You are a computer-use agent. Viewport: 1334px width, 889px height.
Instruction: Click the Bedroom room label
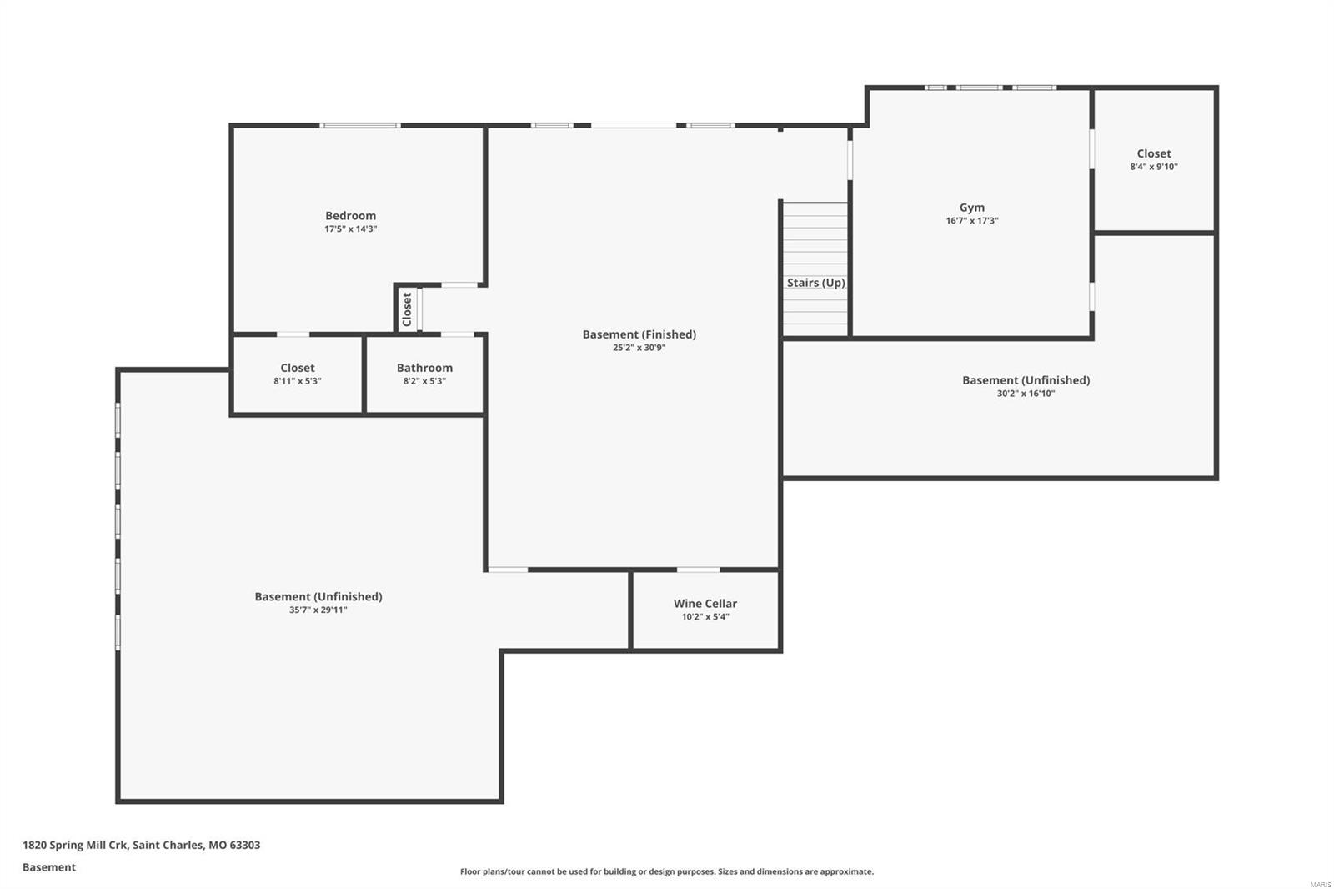350,215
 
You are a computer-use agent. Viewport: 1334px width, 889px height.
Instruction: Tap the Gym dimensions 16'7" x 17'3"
971,221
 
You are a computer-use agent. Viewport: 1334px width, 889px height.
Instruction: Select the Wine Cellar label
705,603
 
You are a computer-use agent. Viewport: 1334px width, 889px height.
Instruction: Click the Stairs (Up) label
815,283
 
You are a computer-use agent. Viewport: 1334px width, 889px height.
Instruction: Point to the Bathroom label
424,368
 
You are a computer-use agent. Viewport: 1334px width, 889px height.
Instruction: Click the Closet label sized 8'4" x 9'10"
1154,153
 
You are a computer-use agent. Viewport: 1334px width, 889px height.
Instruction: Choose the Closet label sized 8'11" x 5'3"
298,368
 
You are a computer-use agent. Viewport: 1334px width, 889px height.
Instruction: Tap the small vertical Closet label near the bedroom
407,309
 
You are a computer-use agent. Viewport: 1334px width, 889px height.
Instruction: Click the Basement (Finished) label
639,334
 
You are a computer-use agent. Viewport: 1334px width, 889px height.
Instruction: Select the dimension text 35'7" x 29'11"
318,610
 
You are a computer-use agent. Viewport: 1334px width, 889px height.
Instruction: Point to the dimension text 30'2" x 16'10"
1026,394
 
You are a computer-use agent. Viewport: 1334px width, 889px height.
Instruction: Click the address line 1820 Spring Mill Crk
141,845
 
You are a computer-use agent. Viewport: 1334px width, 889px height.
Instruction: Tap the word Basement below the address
49,867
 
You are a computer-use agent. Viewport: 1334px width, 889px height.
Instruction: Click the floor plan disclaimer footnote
667,871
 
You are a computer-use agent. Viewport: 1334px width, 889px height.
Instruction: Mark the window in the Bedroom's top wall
360,126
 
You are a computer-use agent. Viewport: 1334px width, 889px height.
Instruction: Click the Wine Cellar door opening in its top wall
698,570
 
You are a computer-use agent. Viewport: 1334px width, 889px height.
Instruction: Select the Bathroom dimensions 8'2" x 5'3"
424,381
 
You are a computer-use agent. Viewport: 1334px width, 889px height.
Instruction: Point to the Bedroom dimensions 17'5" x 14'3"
350,229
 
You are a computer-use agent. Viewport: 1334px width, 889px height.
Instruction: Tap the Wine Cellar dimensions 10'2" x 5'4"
705,617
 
